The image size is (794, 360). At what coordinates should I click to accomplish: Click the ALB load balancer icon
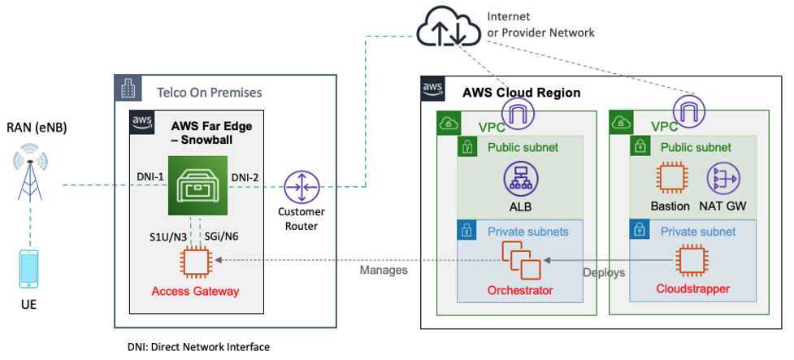[x=519, y=179]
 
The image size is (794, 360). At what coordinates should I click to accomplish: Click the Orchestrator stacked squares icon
[x=519, y=260]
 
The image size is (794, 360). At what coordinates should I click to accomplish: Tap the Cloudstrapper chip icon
[x=692, y=260]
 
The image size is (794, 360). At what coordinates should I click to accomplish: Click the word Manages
[x=384, y=270]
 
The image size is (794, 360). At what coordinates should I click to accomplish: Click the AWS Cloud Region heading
[x=521, y=93]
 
